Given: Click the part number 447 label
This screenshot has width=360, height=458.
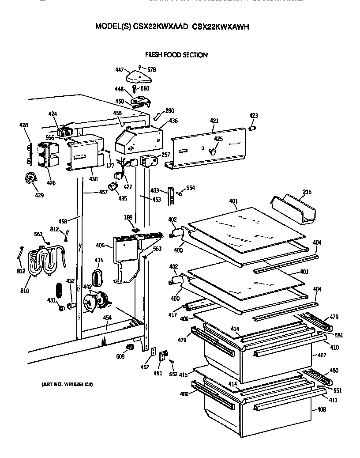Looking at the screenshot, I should click(x=119, y=70).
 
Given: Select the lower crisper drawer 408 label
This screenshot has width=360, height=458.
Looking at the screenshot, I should click(x=321, y=410).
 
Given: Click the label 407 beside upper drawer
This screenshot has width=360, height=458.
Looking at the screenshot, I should click(x=321, y=355).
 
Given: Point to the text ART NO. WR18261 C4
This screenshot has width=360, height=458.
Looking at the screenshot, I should click(x=64, y=383).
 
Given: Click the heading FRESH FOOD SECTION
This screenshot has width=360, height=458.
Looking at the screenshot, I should click(x=176, y=55).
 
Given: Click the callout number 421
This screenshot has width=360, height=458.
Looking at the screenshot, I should click(x=214, y=121).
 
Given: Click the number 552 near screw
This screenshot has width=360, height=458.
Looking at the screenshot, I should click(x=173, y=374).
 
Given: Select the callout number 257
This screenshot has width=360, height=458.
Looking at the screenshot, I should click(x=165, y=155).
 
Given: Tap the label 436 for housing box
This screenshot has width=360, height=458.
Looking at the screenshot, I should click(x=173, y=121).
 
